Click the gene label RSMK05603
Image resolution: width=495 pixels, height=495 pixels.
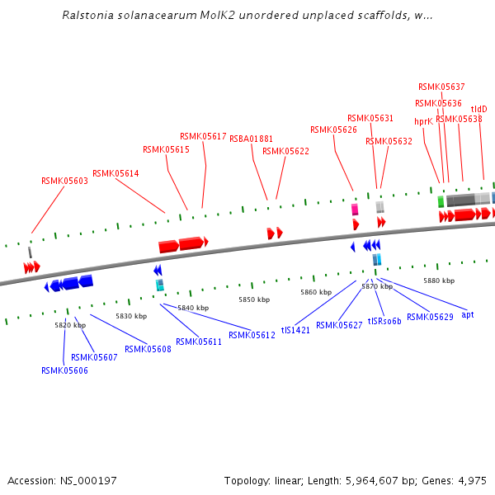[x=64, y=181]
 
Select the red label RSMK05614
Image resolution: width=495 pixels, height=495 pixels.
[x=115, y=173]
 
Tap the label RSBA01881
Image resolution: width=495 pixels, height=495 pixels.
[x=251, y=139]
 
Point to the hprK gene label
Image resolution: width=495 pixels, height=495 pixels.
[x=423, y=121]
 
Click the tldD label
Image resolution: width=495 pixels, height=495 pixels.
[x=478, y=109]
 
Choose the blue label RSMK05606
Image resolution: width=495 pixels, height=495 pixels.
[x=64, y=370]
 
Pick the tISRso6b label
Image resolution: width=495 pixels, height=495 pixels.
[x=384, y=321]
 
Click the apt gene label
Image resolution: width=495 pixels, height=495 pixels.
[x=468, y=314]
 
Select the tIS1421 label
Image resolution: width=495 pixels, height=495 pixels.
[x=295, y=329]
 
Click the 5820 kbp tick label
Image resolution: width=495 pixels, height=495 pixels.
[x=70, y=325]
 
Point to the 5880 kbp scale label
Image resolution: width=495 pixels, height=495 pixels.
[x=439, y=280]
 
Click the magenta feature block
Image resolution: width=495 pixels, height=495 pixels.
[x=355, y=210]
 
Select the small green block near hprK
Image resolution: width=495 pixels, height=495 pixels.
[x=441, y=201]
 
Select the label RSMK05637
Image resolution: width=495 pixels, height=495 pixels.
[x=441, y=87]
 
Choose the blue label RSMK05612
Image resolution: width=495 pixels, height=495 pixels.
[x=252, y=335]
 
